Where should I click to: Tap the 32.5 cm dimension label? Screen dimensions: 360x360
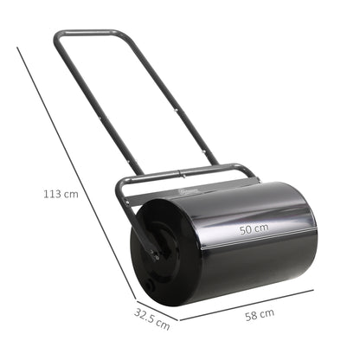tap(152, 318)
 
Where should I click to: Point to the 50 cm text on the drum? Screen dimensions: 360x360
tap(254, 229)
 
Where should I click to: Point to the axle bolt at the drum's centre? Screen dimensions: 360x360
tap(155, 254)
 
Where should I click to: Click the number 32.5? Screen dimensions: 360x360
tap(146, 318)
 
